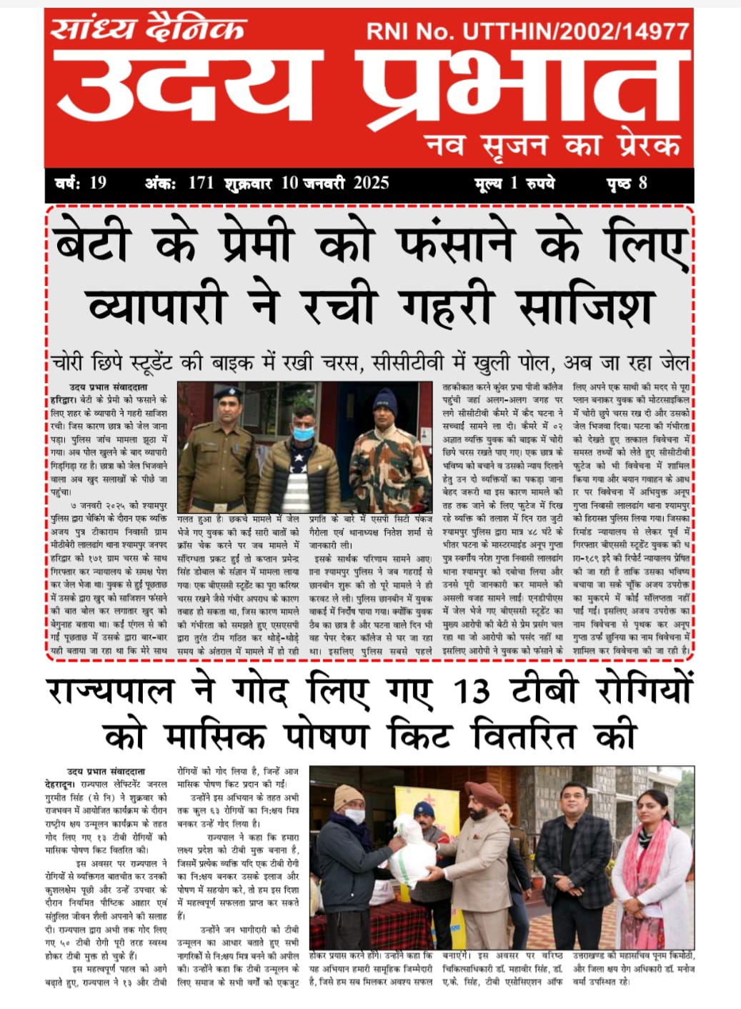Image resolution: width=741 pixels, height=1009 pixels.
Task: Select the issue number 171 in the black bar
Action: click(201, 183)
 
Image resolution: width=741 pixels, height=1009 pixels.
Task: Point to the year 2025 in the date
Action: click(371, 183)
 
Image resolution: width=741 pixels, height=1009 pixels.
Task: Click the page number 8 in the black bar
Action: click(642, 183)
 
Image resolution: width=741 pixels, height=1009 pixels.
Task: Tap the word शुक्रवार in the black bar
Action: click(247, 184)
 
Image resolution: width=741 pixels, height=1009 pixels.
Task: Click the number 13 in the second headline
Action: click(472, 691)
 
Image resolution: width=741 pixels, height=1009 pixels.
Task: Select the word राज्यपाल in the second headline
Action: click(111, 691)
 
